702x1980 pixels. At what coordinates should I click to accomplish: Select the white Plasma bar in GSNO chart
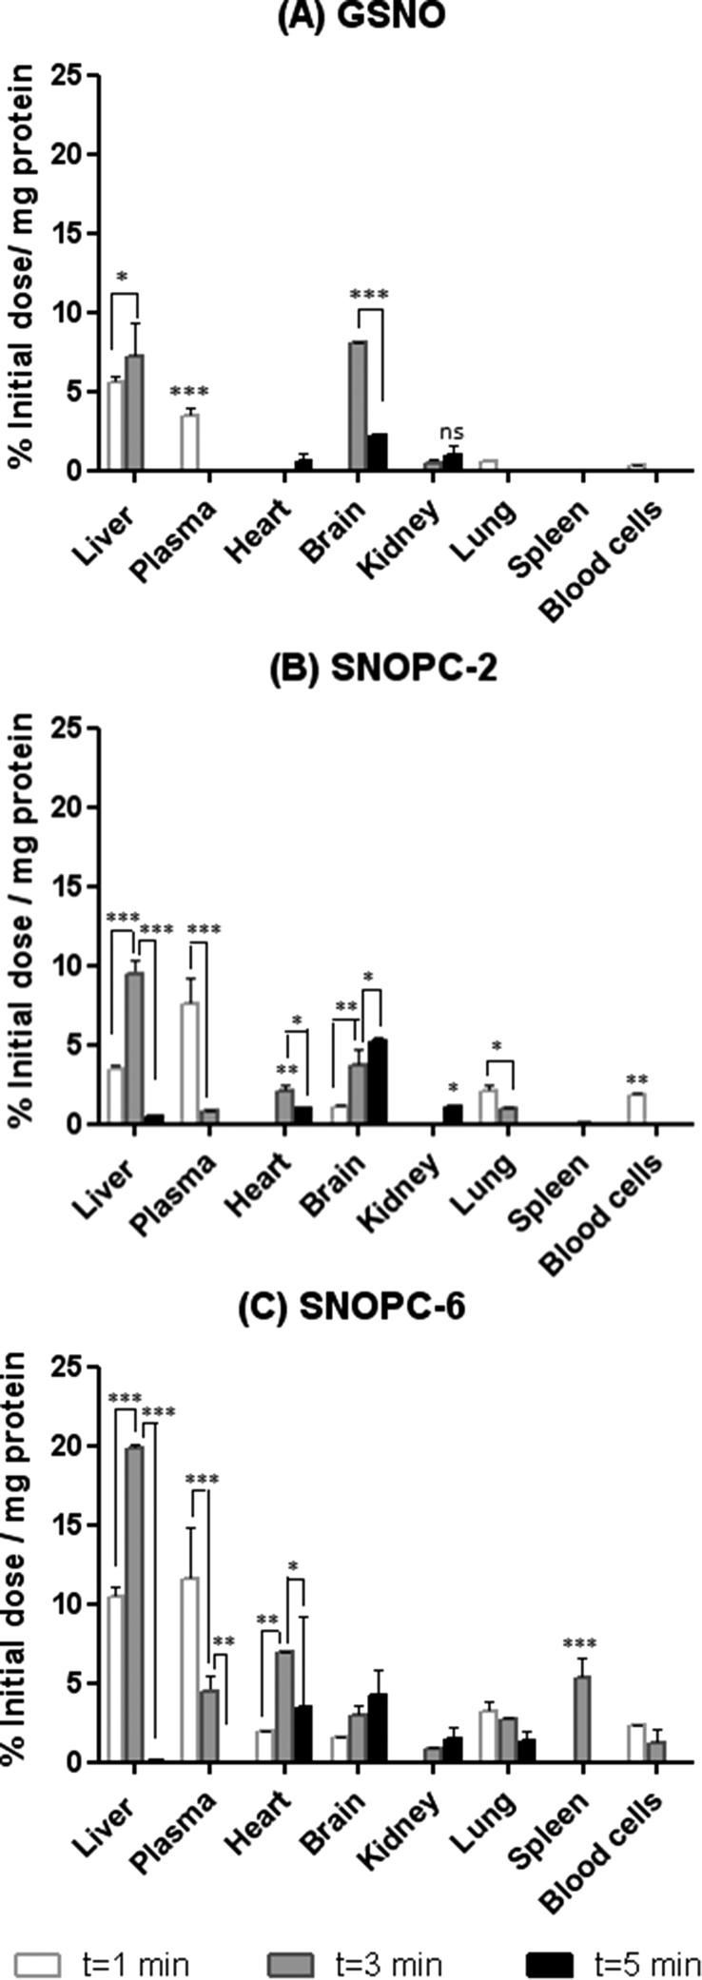[x=190, y=442]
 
